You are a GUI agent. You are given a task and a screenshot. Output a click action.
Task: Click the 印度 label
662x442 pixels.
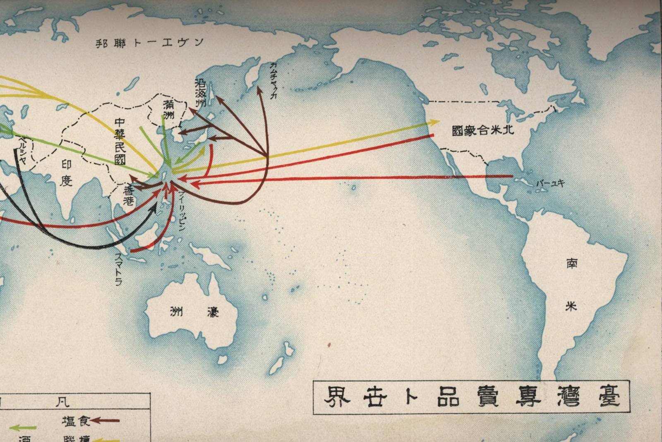(x=66, y=173)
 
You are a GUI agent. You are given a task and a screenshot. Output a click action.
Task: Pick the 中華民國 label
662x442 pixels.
(x=120, y=141)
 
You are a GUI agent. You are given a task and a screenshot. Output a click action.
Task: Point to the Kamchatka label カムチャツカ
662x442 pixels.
(x=273, y=81)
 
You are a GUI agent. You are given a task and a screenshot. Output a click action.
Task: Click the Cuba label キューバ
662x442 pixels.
(x=550, y=183)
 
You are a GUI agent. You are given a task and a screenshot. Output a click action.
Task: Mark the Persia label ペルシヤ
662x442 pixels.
(x=21, y=149)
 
